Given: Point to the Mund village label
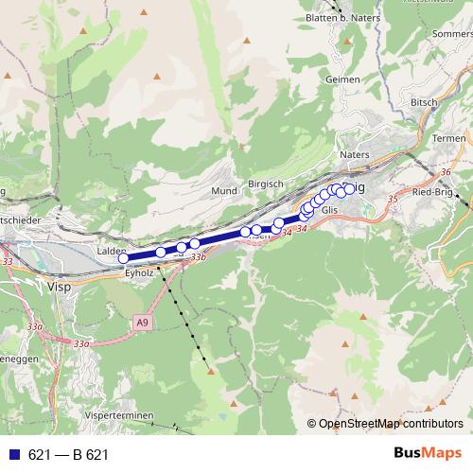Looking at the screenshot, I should pyautogui.click(x=224, y=190).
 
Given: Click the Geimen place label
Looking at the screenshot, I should pyautogui.click(x=342, y=80).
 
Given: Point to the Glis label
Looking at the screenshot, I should pyautogui.click(x=330, y=210).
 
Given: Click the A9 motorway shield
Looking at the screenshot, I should pyautogui.click(x=141, y=323).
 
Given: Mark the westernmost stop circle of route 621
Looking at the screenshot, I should pyautogui.click(x=123, y=257).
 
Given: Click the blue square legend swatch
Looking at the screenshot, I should pyautogui.click(x=11, y=455).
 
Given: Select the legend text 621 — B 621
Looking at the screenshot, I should pyautogui.click(x=68, y=455).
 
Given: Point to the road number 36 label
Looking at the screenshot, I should pyautogui.click(x=446, y=172).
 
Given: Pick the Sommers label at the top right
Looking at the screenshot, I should pyautogui.click(x=451, y=33).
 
